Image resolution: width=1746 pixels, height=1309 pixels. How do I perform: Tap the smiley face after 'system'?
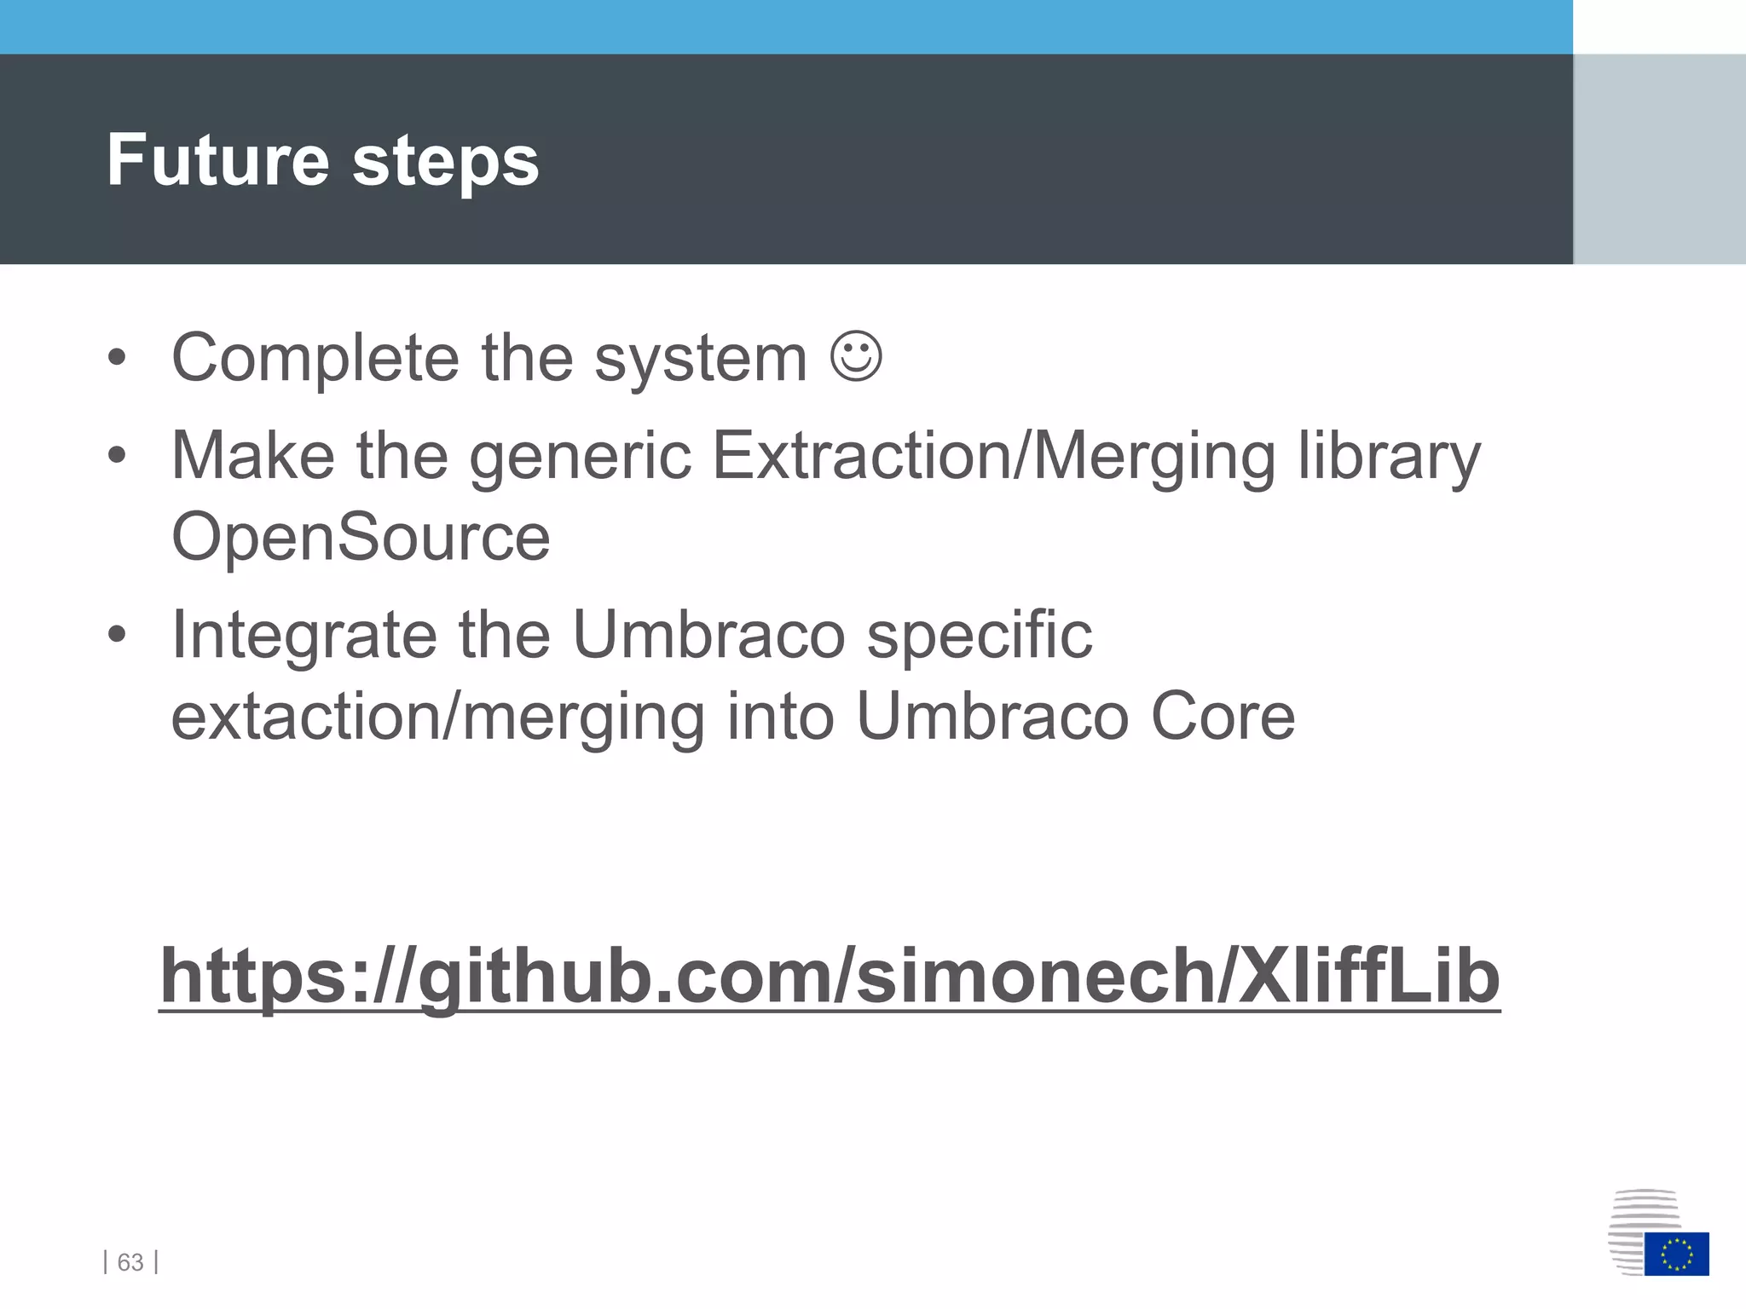856,357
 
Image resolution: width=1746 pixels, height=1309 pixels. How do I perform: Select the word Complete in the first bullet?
315,359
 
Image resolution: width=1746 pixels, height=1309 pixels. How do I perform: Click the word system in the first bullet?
700,359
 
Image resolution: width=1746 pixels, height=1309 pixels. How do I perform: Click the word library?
1389,457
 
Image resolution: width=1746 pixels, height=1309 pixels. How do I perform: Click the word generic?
580,457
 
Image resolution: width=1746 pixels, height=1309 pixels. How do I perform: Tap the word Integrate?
304,636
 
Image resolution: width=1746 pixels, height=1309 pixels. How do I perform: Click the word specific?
980,636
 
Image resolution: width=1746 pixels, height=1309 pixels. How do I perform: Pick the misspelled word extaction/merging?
437,718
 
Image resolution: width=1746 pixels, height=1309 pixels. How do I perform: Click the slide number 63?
130,1261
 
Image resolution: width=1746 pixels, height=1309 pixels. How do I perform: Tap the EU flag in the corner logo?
1676,1254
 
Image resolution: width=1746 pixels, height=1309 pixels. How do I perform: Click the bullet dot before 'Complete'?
117,359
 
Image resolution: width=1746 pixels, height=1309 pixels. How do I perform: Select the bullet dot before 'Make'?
117,457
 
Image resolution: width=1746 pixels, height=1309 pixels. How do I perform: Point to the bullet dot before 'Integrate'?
117,636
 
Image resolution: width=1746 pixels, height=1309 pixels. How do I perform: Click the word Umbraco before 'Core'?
992,716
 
